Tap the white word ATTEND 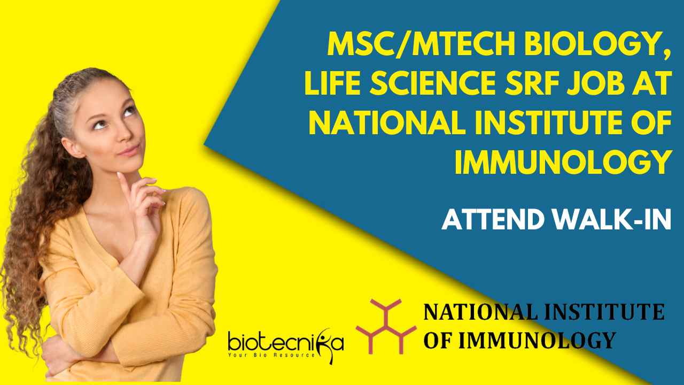494,219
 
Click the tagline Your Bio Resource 271,355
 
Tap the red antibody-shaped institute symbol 386,326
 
